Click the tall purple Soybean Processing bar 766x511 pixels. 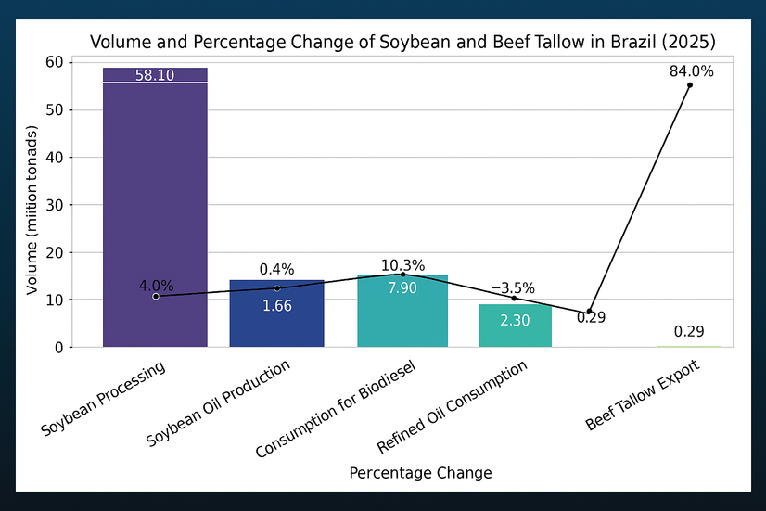tap(155, 204)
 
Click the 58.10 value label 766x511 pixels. tap(155, 76)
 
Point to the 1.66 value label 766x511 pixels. tap(276, 306)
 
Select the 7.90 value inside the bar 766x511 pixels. tap(402, 288)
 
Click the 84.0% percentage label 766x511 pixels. tap(691, 71)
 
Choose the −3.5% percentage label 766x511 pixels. tap(513, 288)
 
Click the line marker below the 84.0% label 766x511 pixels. tap(690, 85)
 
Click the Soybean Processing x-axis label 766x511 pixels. tap(104, 399)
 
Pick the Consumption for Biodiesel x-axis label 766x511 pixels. tap(336, 410)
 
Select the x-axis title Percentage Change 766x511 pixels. tap(420, 473)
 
